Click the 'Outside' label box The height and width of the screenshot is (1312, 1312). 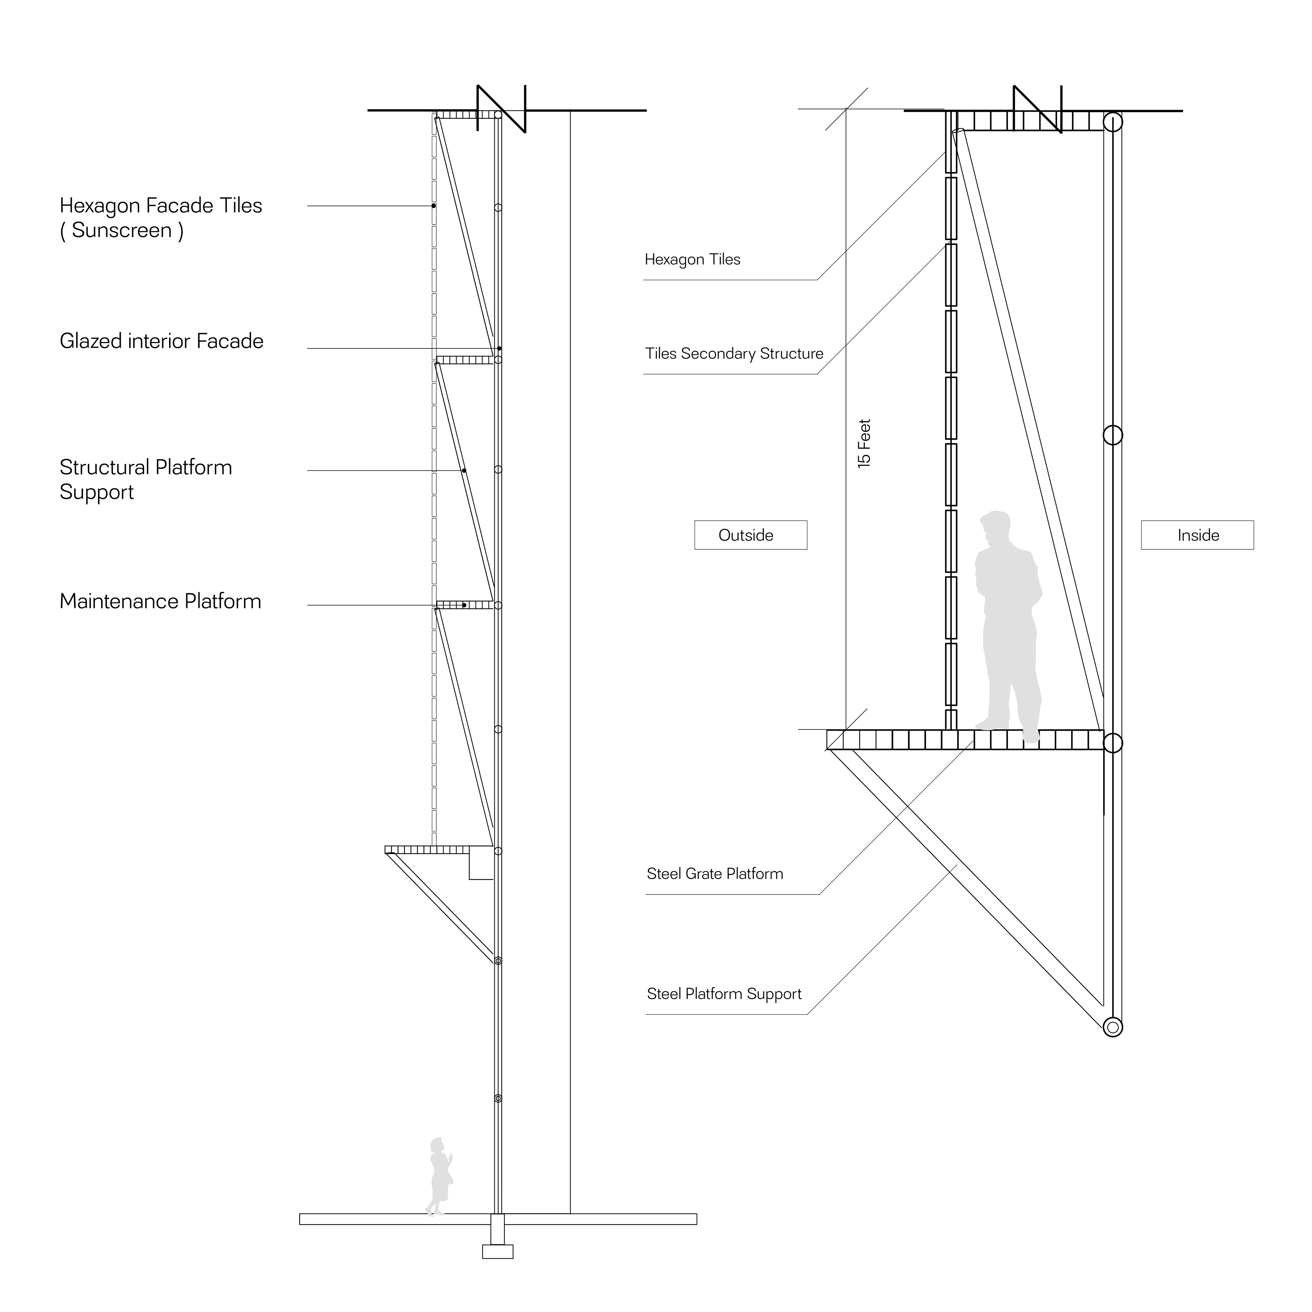750,535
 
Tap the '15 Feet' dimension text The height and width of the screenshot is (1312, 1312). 864,443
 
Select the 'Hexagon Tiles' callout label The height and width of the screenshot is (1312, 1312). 692,259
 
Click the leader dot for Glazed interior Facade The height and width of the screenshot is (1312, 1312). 499,348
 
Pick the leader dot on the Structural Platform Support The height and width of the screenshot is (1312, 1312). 464,470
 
